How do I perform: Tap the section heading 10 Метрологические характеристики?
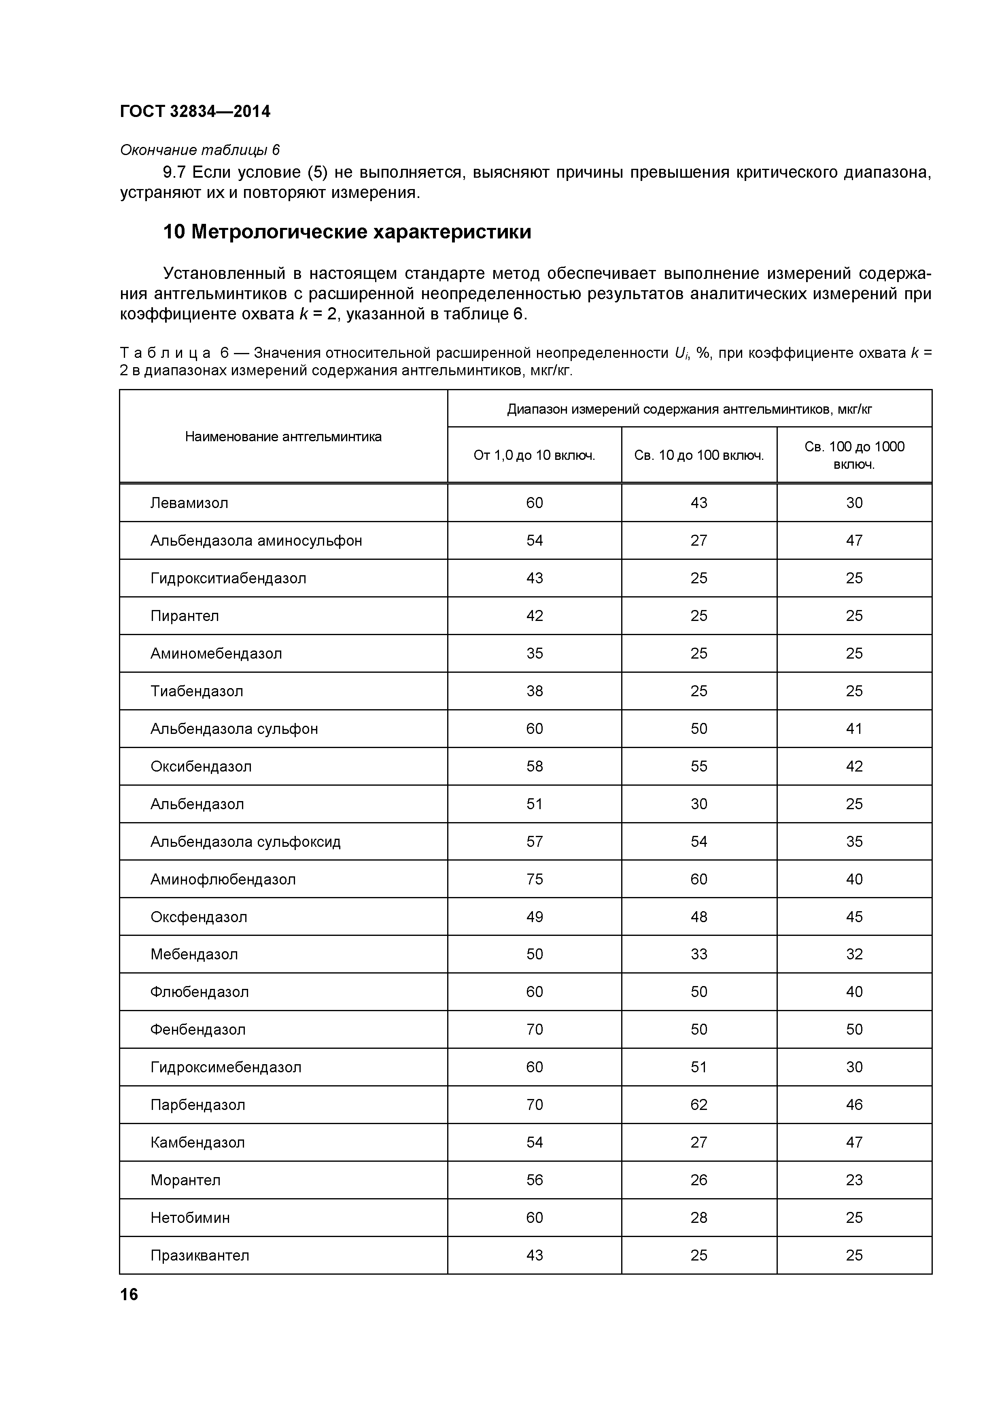[x=347, y=232]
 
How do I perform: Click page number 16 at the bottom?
[x=129, y=1295]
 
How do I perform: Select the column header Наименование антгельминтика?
[x=283, y=437]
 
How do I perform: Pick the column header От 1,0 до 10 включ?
[x=534, y=456]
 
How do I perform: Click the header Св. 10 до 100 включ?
[x=698, y=456]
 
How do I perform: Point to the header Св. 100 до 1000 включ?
[x=854, y=455]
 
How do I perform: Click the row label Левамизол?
[x=189, y=503]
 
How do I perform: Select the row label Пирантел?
[x=184, y=616]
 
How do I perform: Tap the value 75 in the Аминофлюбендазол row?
[x=534, y=880]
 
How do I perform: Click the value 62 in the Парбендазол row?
[x=698, y=1105]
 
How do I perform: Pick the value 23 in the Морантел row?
[x=854, y=1180]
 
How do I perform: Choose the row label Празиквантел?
[x=200, y=1256]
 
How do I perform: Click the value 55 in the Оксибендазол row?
[x=698, y=766]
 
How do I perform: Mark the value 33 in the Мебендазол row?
[x=698, y=954]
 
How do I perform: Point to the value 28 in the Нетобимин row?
[x=698, y=1218]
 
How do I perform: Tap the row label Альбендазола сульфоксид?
[x=246, y=842]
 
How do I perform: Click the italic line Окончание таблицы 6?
[x=200, y=150]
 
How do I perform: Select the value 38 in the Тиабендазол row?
[x=534, y=691]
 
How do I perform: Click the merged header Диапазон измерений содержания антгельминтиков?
[x=689, y=409]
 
